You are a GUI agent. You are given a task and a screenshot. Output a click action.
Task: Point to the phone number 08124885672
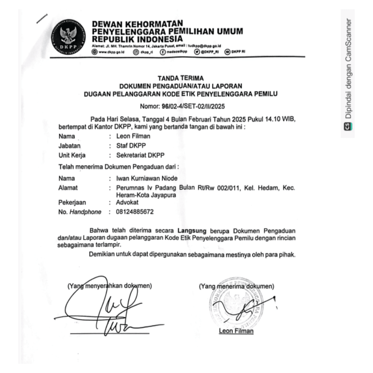135,211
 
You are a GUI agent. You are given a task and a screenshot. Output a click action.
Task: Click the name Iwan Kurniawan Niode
147,179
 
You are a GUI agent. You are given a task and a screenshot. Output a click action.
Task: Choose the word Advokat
127,202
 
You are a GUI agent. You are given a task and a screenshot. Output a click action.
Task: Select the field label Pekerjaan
72,202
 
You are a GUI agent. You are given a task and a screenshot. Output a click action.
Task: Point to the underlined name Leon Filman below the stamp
236,331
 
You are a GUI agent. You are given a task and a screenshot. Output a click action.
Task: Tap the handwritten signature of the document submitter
104,307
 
